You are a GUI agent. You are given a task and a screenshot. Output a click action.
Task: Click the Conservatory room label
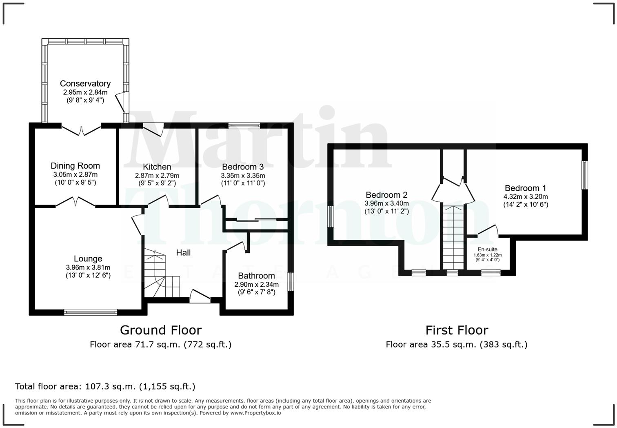coord(85,84)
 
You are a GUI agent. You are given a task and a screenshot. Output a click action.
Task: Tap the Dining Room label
coord(75,166)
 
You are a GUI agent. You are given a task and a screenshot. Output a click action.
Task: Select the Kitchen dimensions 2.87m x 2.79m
coord(157,176)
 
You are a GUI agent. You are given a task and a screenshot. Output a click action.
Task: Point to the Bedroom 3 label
coord(243,167)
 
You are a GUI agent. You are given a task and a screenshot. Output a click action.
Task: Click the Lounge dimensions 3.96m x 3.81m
coord(88,267)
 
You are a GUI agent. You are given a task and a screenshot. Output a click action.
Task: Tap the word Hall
coord(183,253)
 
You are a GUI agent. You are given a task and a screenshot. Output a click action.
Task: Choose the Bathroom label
coord(256,276)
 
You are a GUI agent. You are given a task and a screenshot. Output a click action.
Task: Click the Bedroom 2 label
coord(386,195)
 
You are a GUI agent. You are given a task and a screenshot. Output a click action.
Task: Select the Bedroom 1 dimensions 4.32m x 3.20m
coord(526,196)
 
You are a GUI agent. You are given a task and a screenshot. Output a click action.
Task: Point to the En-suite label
coord(488,250)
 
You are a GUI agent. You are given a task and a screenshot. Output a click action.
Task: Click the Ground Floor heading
coord(161,330)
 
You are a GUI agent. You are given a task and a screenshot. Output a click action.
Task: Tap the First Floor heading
coord(457,330)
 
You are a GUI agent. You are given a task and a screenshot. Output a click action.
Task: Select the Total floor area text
coord(105,386)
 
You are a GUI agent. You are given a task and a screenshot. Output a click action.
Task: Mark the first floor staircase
coord(453,237)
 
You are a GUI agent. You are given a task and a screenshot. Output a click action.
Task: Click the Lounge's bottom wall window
coord(91,312)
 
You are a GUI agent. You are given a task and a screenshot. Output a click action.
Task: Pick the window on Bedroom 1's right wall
coord(584,175)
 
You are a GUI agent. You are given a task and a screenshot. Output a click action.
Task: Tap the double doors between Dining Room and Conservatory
coord(81,130)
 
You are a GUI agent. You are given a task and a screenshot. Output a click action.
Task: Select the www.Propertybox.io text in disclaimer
coord(255,413)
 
